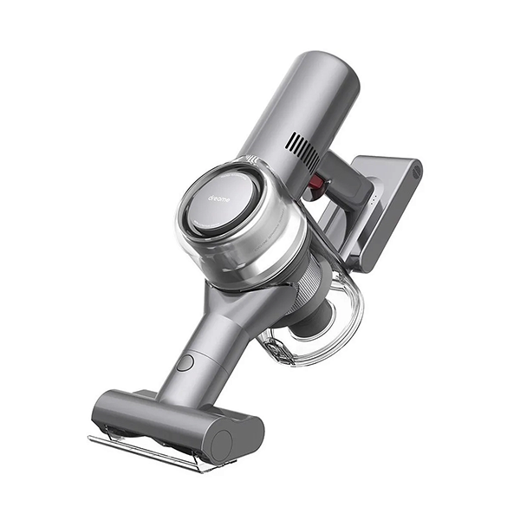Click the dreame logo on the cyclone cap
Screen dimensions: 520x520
point(219,198)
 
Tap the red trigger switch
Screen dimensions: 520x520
point(316,183)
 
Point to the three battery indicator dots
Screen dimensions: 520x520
point(373,201)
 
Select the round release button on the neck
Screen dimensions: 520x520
point(185,362)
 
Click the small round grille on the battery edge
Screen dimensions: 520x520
point(417,172)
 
